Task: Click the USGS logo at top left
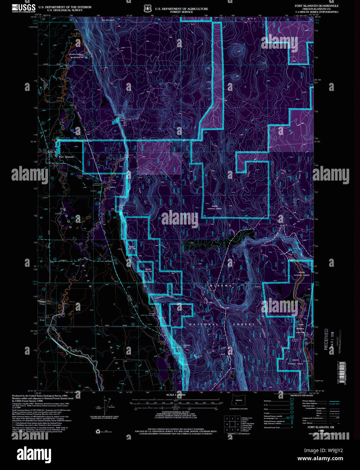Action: [x=24, y=8]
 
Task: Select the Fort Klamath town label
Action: [x=66, y=157]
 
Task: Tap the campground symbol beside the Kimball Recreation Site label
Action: [x=87, y=57]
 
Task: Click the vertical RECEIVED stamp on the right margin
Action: [x=326, y=339]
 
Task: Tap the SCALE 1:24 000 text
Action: [x=175, y=395]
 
